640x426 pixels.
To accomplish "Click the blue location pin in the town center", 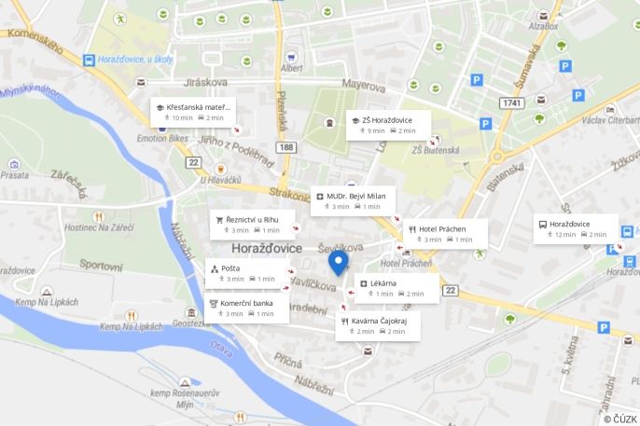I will tap(339, 262).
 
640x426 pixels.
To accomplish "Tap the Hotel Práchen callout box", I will tap(446, 234).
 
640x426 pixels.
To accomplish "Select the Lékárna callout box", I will tap(397, 288).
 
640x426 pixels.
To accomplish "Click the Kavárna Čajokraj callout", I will tap(378, 325).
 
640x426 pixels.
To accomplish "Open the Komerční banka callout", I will tap(246, 308).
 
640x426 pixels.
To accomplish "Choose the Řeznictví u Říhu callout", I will tap(251, 225).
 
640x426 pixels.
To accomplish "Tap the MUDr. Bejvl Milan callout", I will tap(352, 200).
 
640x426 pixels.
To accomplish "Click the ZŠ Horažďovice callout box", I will tap(387, 125).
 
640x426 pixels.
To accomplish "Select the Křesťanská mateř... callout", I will tap(193, 112).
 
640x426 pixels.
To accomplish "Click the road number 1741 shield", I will tap(510, 103).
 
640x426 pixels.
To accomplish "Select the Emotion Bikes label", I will tap(163, 138).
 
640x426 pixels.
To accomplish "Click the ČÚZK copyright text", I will tap(619, 419).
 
